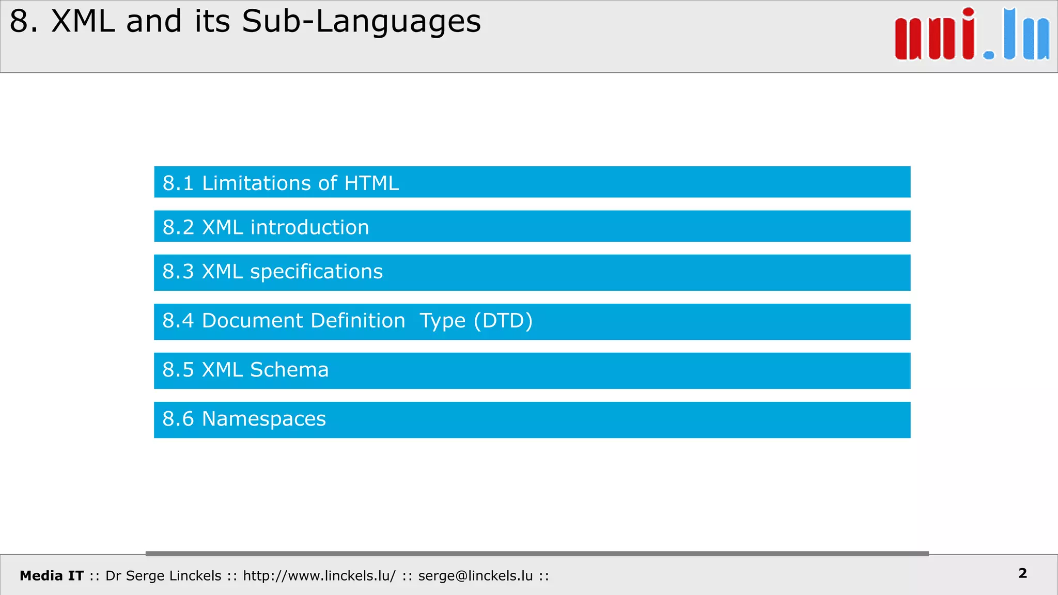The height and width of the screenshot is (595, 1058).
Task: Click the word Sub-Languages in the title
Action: (361, 22)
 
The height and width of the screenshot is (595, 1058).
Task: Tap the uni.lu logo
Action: (971, 35)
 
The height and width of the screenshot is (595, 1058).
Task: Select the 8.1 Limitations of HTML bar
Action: (532, 182)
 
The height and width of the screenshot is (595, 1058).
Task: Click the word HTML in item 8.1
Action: (371, 183)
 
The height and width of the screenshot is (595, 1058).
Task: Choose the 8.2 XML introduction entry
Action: (532, 226)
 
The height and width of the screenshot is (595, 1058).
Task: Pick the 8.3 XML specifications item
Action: (532, 273)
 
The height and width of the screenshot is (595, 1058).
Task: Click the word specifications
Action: (316, 272)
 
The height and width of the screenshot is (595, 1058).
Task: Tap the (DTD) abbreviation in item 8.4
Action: (503, 321)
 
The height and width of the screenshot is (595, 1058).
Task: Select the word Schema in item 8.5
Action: (289, 370)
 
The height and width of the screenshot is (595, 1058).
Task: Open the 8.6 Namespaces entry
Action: (532, 420)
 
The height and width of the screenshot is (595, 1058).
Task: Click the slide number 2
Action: (1022, 573)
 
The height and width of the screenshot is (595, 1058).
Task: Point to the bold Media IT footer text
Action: (52, 576)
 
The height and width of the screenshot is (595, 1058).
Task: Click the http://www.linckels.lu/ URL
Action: (319, 576)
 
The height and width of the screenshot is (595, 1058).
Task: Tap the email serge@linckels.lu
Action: (475, 576)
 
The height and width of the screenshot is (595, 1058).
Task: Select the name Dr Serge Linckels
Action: (163, 576)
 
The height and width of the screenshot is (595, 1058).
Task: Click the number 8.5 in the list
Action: (178, 370)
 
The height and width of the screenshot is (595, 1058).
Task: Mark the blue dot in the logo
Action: (988, 55)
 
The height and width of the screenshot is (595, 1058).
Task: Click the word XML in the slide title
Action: (83, 22)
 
